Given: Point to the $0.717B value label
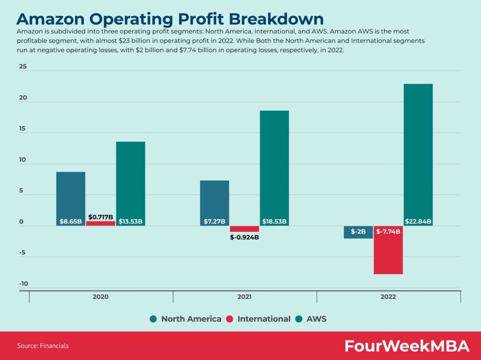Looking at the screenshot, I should tap(101, 217).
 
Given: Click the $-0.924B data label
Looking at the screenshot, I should tap(244, 237).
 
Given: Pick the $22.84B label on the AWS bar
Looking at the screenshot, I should tap(418, 222).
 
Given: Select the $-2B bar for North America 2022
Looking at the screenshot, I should tap(358, 232).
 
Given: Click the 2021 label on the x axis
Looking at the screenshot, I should tap(244, 297).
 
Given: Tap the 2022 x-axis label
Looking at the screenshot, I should tap(388, 297).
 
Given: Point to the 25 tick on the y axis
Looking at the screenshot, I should tap(23, 67).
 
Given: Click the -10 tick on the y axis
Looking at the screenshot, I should tap(23, 283).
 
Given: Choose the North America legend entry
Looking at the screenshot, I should tap(186, 319).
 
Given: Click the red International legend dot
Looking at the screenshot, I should tap(229, 319).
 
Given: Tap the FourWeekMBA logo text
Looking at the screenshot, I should tap(407, 346).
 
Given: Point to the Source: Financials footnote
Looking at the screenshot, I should tap(43, 346).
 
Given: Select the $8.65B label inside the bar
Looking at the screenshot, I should tap(70, 222).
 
